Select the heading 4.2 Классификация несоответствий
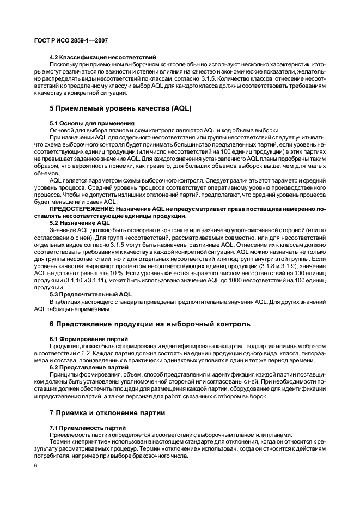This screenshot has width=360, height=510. pos(103,57)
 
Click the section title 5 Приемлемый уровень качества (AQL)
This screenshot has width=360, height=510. pos(120,108)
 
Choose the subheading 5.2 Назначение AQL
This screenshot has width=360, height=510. pos(80,222)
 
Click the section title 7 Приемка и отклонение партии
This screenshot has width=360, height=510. pos(107,412)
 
